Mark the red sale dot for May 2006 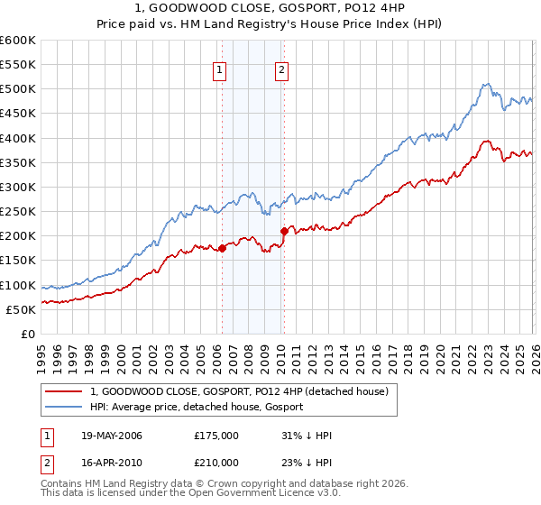click(222, 248)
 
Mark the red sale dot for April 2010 click(284, 231)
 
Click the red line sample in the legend click(65, 391)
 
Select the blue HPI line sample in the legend click(65, 407)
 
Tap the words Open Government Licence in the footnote click(252, 495)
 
